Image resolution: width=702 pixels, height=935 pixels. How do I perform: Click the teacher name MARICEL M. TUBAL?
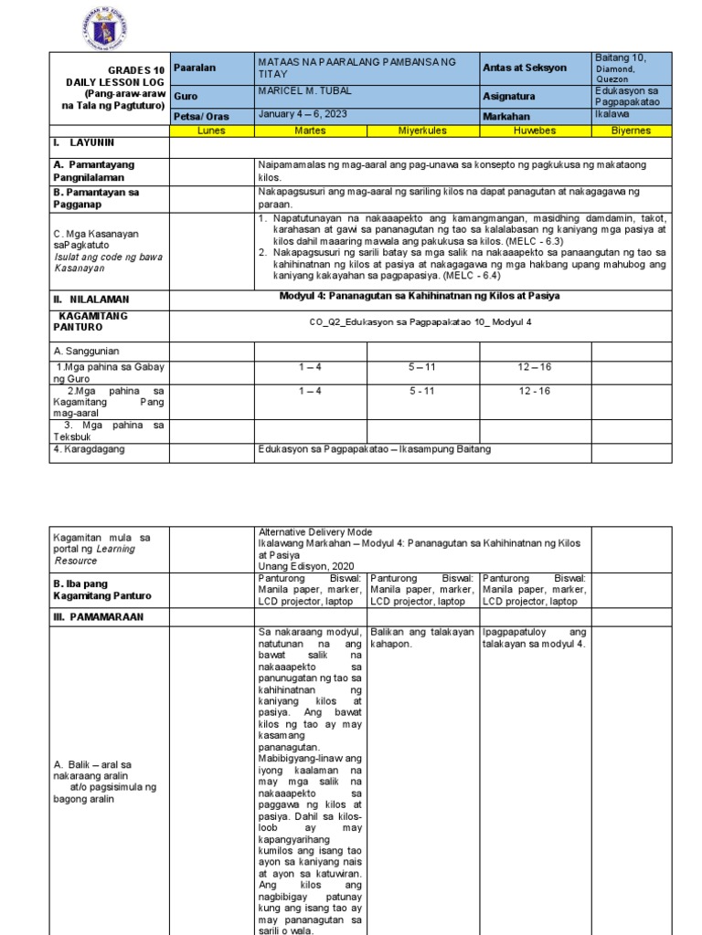click(305, 89)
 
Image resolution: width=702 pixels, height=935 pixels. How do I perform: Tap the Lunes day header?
click(211, 131)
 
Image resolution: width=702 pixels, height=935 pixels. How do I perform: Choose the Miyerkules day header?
click(422, 131)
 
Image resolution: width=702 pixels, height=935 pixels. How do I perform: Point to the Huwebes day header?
click(535, 131)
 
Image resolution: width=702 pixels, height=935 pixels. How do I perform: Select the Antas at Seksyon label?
click(525, 68)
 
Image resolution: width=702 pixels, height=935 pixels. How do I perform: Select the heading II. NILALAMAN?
click(90, 299)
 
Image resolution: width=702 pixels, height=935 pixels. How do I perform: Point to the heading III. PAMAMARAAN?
click(98, 616)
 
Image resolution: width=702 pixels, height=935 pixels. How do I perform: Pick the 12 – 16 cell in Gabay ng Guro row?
click(534, 366)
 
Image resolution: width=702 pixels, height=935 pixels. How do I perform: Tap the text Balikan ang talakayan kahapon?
click(422, 637)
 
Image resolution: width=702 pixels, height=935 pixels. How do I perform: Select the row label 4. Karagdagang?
click(90, 448)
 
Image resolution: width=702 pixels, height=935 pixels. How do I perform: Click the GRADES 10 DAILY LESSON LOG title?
click(112, 88)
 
